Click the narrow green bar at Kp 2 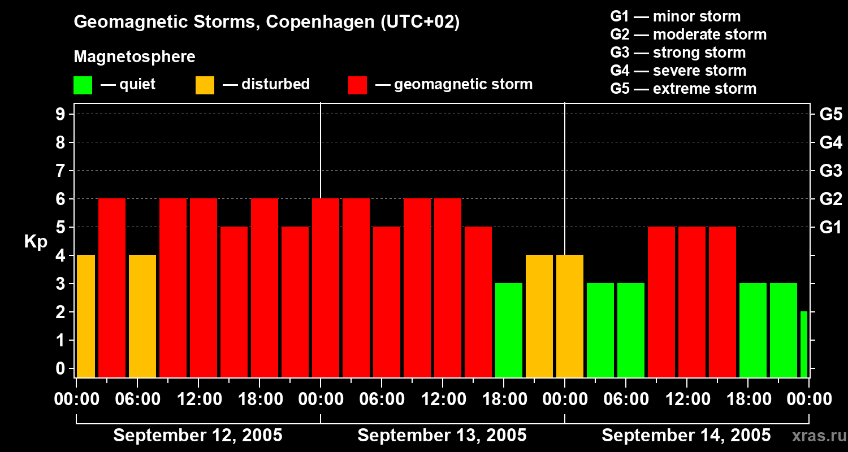804,344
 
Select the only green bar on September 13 509,330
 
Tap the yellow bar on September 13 539,316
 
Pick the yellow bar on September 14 570,316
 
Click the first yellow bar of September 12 85,316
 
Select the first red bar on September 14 661,302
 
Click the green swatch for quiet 83,85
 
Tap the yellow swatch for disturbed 205,85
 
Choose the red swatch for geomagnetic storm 357,85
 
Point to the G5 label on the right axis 830,114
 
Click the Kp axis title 35,242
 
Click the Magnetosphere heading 135,57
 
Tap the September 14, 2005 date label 686,436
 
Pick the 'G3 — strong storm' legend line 678,53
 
